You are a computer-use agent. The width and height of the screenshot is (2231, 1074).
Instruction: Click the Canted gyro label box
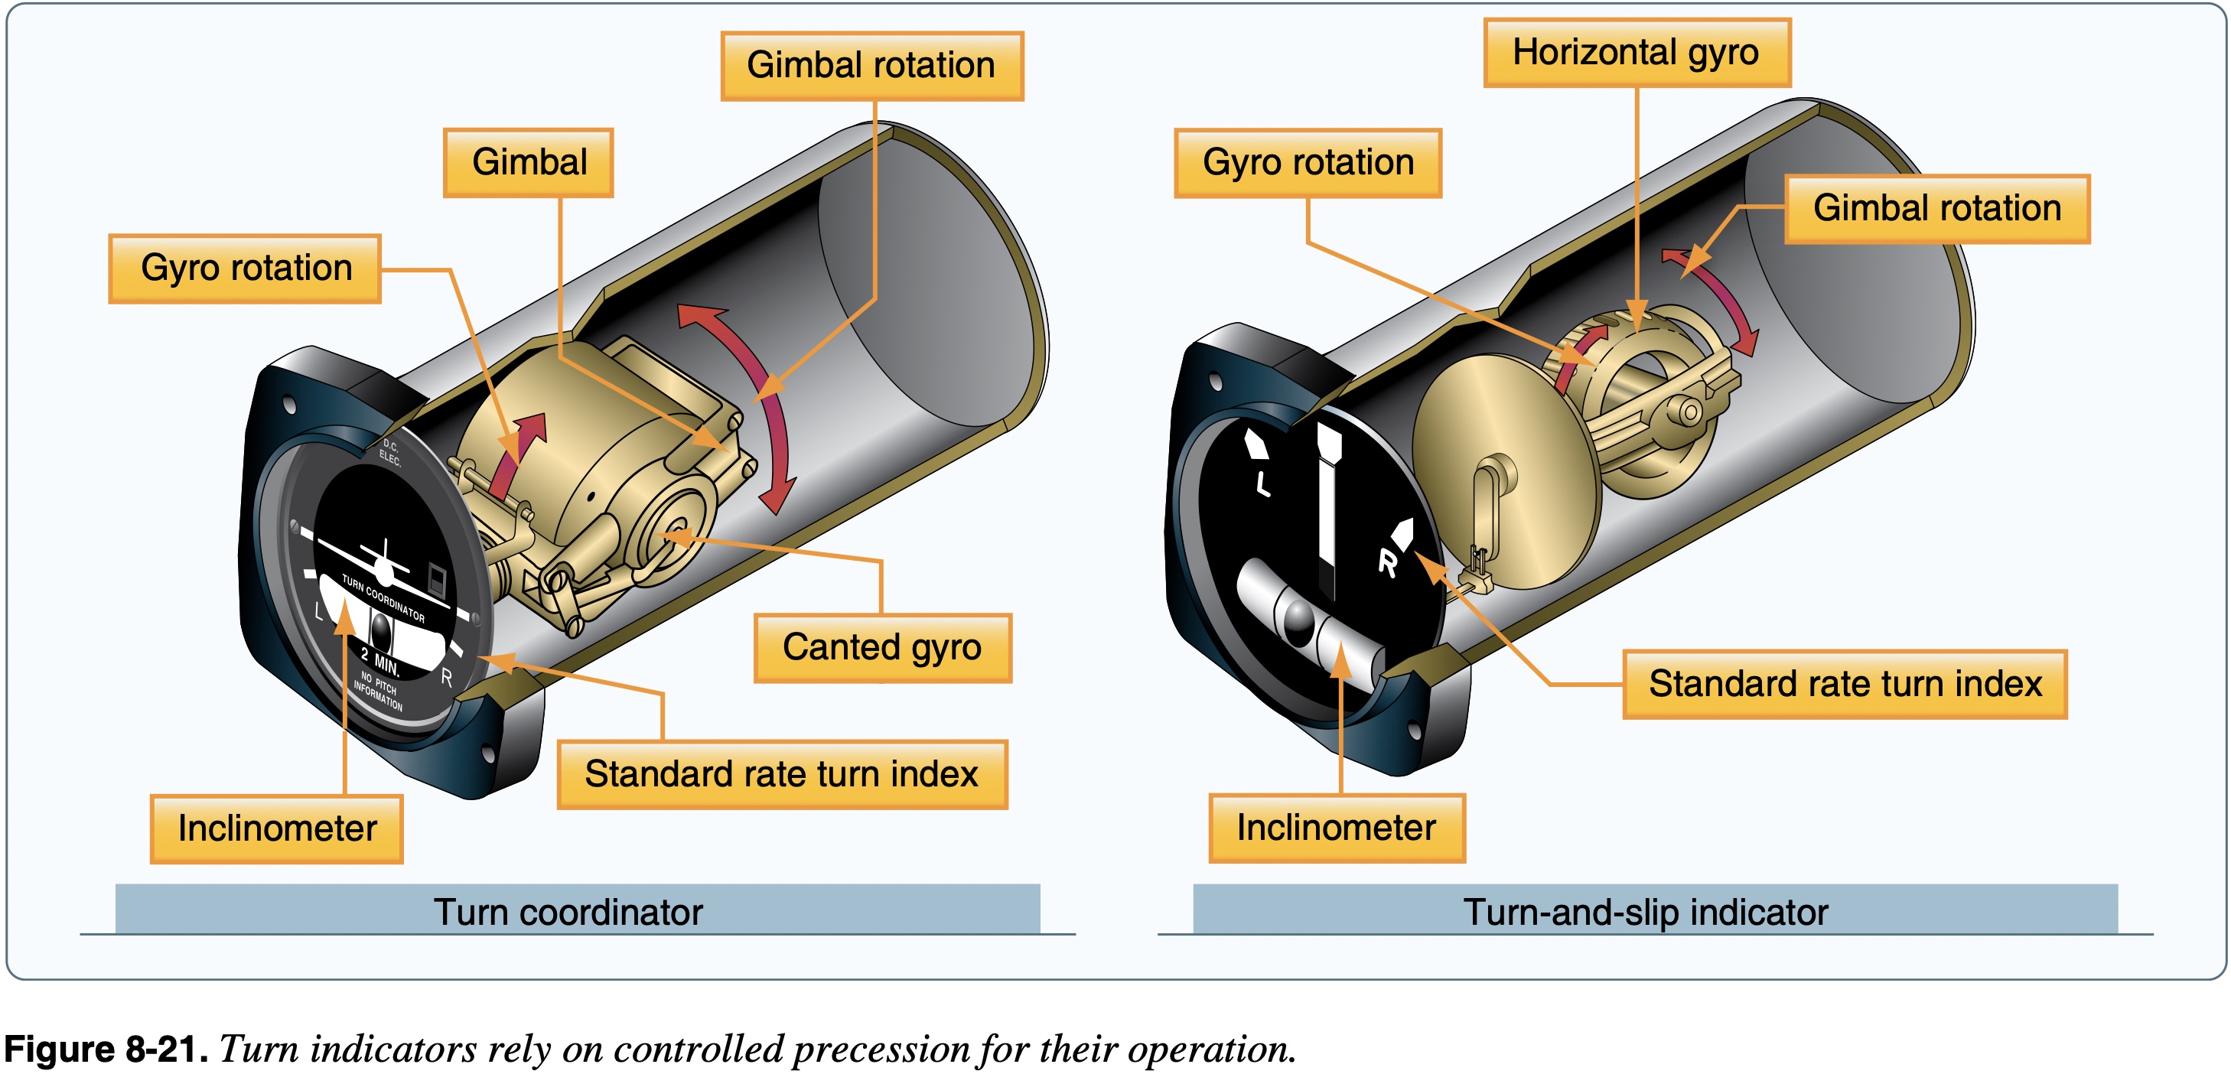pyautogui.click(x=881, y=648)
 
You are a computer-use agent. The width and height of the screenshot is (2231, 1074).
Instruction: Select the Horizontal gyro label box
pyautogui.click(x=1636, y=53)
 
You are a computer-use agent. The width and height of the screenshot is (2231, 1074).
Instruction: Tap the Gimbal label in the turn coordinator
pyautogui.click(x=529, y=163)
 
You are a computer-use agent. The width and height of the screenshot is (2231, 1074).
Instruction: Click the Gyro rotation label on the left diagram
pyautogui.click(x=245, y=268)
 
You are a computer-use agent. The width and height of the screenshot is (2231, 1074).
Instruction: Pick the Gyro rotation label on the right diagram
pyautogui.click(x=1308, y=163)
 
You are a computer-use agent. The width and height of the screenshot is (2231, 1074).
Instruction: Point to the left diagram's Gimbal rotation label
pyautogui.click(x=871, y=66)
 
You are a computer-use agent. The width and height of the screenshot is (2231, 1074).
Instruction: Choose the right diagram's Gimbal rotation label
pyautogui.click(x=1936, y=209)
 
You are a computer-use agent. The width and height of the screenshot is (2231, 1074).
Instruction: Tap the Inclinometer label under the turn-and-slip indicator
pyautogui.click(x=1337, y=828)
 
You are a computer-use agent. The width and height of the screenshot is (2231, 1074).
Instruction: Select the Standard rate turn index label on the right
pyautogui.click(x=1845, y=684)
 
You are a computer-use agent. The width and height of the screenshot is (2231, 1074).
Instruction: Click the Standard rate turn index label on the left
pyautogui.click(x=781, y=774)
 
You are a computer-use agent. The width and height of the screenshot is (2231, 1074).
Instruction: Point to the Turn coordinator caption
pyautogui.click(x=568, y=912)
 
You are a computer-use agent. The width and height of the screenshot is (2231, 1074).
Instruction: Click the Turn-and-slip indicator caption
pyautogui.click(x=1645, y=912)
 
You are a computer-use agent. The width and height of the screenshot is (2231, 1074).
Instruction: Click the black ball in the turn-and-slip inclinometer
pyautogui.click(x=1299, y=620)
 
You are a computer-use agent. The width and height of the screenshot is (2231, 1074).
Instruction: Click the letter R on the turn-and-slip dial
pyautogui.click(x=1387, y=564)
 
